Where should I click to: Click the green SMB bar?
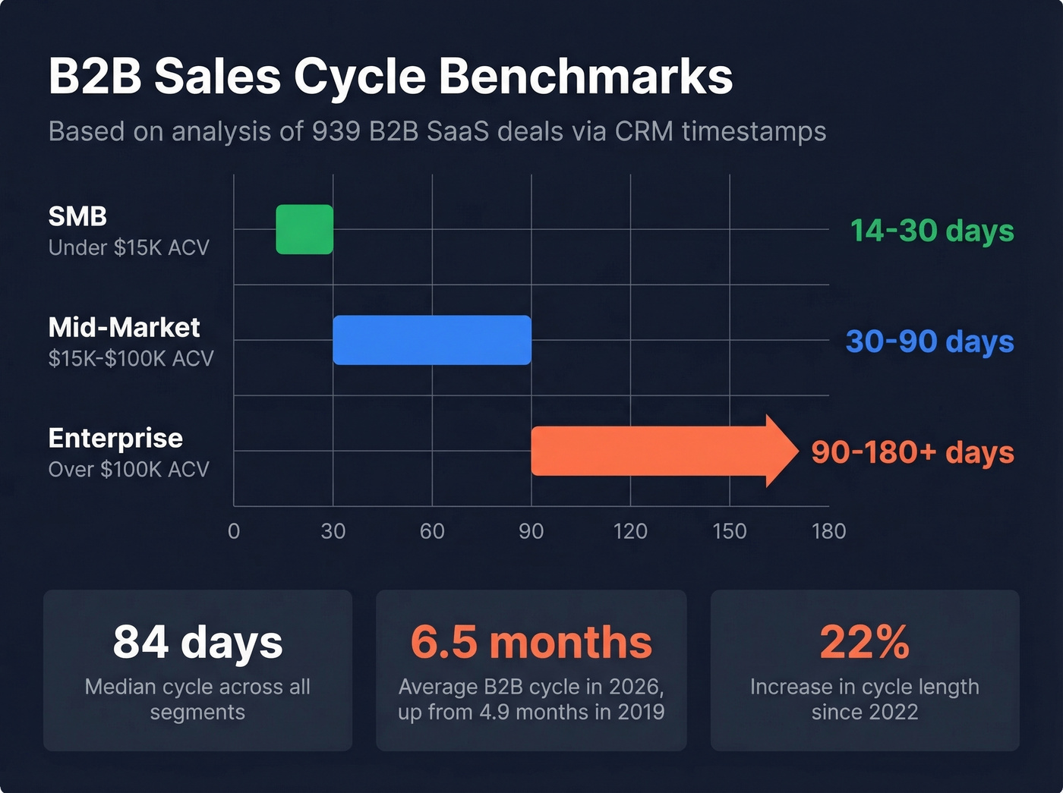click(x=304, y=229)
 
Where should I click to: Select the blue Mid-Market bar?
click(x=432, y=340)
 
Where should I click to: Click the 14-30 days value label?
click(x=932, y=230)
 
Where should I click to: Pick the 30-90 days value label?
click(x=929, y=341)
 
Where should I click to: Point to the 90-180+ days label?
click(x=912, y=452)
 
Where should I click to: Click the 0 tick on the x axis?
click(x=234, y=531)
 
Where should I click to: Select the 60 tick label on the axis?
click(x=432, y=531)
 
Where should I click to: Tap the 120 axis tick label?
click(x=630, y=531)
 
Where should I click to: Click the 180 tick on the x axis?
click(x=828, y=531)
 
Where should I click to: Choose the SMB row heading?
click(x=77, y=216)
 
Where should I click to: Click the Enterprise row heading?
click(x=115, y=438)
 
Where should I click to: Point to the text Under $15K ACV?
click(x=128, y=247)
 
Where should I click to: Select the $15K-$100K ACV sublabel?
click(x=131, y=358)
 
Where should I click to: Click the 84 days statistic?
click(x=197, y=642)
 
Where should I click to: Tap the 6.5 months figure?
click(x=531, y=642)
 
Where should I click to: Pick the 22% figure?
click(x=864, y=642)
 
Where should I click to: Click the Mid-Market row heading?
click(x=124, y=327)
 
